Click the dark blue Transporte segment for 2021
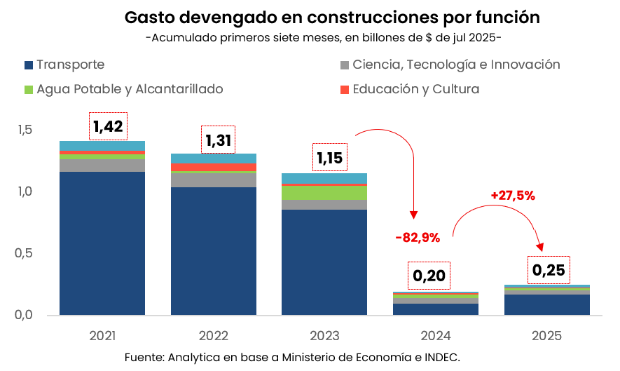(102, 243)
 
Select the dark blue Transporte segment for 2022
(214, 250)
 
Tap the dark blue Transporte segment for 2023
(325, 262)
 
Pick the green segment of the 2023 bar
(325, 193)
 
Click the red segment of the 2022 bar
(214, 167)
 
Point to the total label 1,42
(108, 126)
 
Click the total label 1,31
(218, 140)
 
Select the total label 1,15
(329, 157)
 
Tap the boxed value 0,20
(429, 276)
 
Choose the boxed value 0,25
(548, 270)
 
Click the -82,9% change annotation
(418, 238)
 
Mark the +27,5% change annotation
(513, 196)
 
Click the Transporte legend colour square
(29, 65)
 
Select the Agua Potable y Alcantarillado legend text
(130, 89)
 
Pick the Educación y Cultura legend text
(416, 89)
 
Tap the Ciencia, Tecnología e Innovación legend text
(456, 65)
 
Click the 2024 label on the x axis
(436, 335)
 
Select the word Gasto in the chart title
(149, 17)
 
